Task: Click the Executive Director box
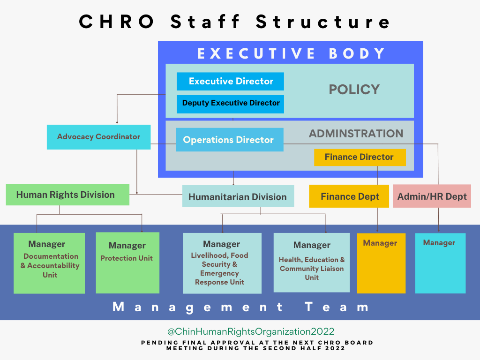tap(230, 82)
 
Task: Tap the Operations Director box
tap(230, 140)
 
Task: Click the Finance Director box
tap(360, 157)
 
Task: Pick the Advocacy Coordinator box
tap(98, 137)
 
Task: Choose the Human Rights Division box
tap(67, 195)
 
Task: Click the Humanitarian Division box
tap(238, 196)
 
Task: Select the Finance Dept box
tap(349, 196)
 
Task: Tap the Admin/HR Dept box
tap(432, 196)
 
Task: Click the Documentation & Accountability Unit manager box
tap(49, 263)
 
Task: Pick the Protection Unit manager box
tap(127, 262)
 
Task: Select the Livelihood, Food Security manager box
tap(222, 263)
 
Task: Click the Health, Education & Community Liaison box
tap(312, 262)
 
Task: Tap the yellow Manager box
tap(382, 263)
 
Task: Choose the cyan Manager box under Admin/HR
tap(441, 263)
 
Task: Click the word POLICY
tap(354, 90)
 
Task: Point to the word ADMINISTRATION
tap(356, 134)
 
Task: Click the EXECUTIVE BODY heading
tap(291, 53)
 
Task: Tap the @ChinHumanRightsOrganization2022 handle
tap(251, 331)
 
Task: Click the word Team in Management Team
tap(337, 307)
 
